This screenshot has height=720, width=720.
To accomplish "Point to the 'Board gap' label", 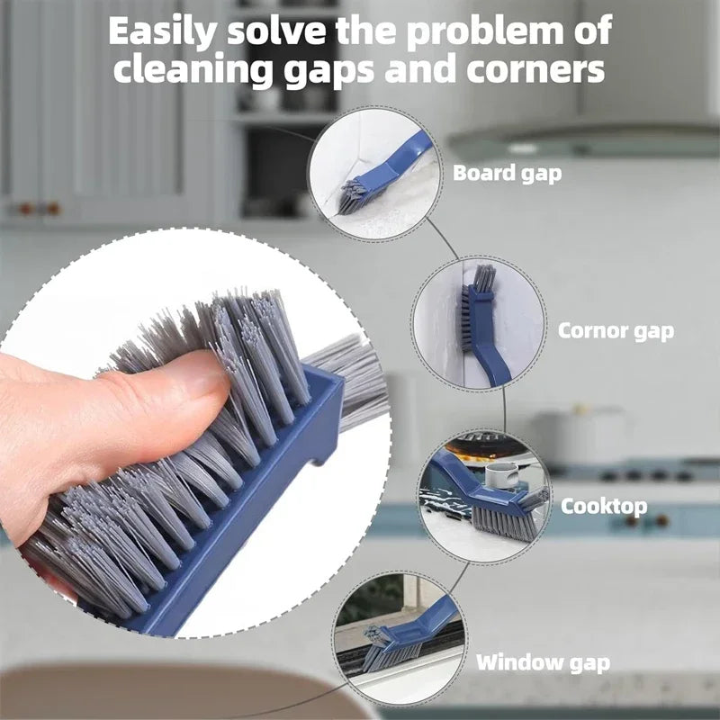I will tap(507, 173).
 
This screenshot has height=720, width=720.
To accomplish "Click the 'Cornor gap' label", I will tap(616, 330).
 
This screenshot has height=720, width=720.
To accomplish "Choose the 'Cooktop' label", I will tap(604, 506).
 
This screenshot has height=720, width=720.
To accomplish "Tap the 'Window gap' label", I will tap(543, 663).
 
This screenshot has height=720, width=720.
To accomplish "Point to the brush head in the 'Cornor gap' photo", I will tap(478, 297).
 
